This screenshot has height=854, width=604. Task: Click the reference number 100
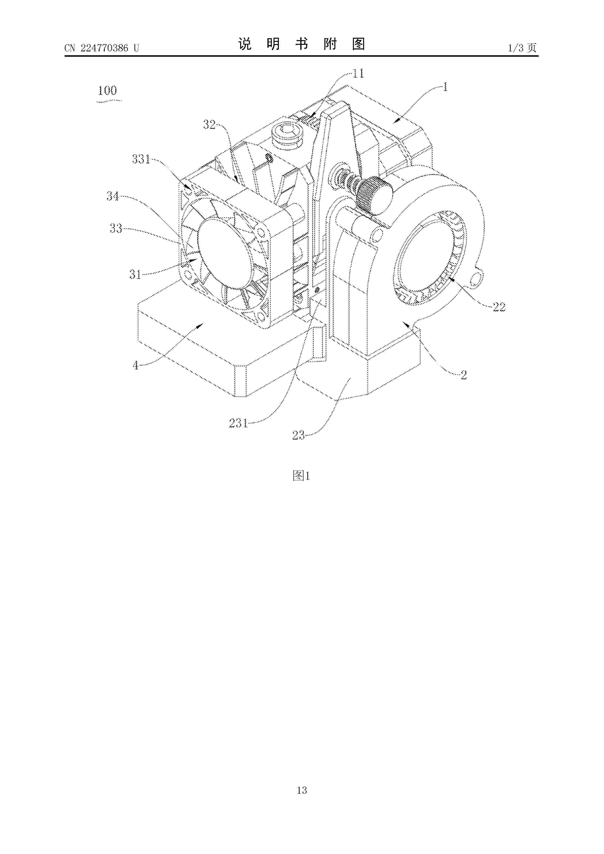(x=107, y=90)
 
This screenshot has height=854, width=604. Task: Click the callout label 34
(x=113, y=196)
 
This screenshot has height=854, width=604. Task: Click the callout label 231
(x=238, y=423)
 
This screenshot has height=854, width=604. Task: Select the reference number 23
(x=298, y=435)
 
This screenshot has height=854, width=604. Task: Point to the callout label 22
(x=499, y=306)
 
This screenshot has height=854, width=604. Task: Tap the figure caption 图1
(x=302, y=476)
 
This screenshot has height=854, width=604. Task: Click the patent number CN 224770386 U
(x=102, y=48)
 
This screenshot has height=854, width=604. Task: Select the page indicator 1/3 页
(x=522, y=48)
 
